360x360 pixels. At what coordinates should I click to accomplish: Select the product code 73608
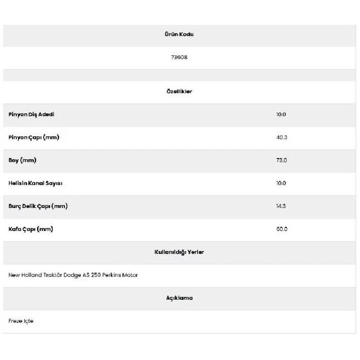[x=179, y=58]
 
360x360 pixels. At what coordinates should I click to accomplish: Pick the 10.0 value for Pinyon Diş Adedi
[x=281, y=114]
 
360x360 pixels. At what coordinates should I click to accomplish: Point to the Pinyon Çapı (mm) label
[x=33, y=137]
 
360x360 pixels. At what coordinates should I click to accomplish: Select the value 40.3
[x=281, y=137]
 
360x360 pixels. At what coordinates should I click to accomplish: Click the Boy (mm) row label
[x=22, y=160]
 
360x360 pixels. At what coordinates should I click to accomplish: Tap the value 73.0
[x=281, y=160]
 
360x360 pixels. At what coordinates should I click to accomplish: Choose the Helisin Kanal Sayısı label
[x=35, y=183]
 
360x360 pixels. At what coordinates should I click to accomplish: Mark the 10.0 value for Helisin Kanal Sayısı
[x=281, y=183]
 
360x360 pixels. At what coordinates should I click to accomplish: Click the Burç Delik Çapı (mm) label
[x=38, y=206]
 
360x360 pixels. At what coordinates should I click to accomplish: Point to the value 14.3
[x=281, y=206]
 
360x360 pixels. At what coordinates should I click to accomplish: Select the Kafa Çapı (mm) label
[x=30, y=229]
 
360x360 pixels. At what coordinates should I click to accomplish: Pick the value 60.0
[x=281, y=229]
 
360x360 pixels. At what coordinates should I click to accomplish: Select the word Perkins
[x=112, y=275]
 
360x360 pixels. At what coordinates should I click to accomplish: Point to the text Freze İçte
[x=21, y=320]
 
